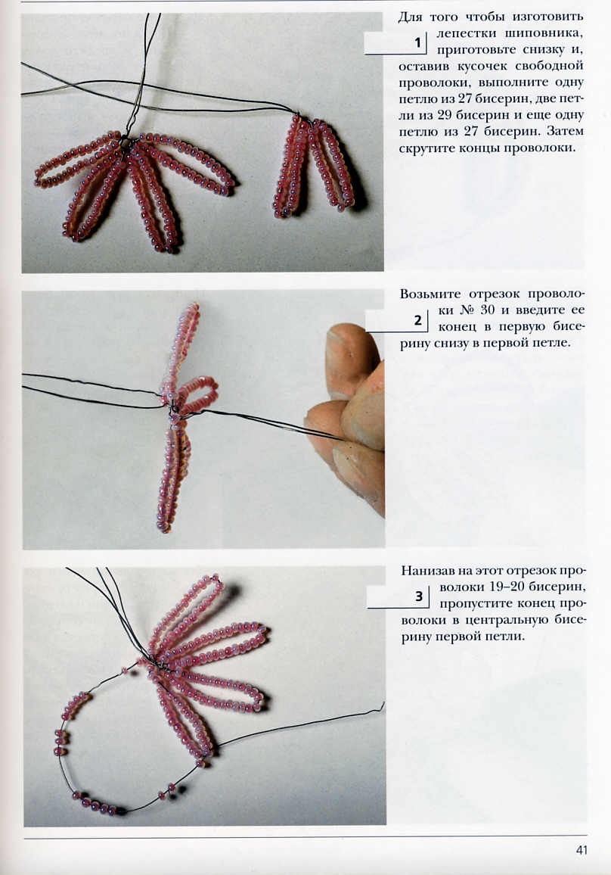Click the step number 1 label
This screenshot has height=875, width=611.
[x=417, y=42]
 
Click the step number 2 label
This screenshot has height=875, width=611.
[x=418, y=320]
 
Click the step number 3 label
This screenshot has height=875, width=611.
[x=419, y=596]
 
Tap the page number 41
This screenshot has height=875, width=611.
[x=582, y=850]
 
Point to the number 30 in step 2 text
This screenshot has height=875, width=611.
[x=487, y=310]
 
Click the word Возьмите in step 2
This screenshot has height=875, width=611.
[x=430, y=294]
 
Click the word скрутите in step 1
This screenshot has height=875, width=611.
[x=427, y=149]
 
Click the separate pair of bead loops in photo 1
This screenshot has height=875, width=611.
[x=313, y=166]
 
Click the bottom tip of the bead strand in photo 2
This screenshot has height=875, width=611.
[x=163, y=525]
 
